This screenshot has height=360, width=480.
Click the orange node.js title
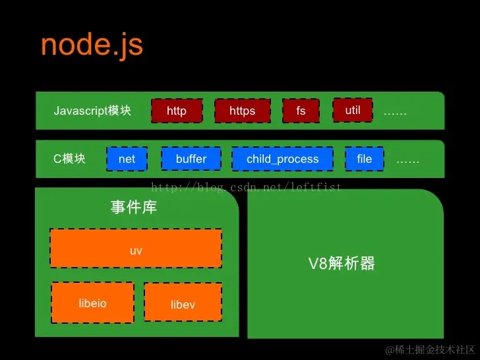(x=92, y=45)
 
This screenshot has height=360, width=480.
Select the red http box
(x=177, y=111)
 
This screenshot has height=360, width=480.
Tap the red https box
(x=242, y=111)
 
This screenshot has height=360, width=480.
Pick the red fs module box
(x=301, y=111)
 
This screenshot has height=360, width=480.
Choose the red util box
(x=353, y=110)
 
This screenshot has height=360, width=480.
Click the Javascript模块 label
(x=92, y=111)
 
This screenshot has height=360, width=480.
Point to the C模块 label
(x=69, y=159)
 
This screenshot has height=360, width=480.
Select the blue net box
(x=127, y=159)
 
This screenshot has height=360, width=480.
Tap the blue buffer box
(x=191, y=159)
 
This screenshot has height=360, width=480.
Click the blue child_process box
(x=282, y=159)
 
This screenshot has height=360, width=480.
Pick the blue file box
(x=365, y=159)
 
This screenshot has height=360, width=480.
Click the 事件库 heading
(x=134, y=208)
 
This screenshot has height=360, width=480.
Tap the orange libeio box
(x=92, y=303)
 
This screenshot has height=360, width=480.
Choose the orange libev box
(x=183, y=304)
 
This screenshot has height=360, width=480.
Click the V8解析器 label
(x=342, y=264)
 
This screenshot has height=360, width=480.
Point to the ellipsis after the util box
(x=395, y=112)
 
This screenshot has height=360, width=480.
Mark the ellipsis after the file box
(x=407, y=160)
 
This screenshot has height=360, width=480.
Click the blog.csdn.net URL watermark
(x=247, y=188)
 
